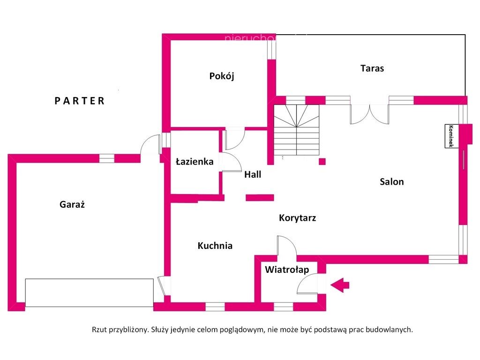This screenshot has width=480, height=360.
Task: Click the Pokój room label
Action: tap(221, 76)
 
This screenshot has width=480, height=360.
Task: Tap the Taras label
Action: tap(372, 68)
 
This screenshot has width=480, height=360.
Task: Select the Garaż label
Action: tap(72, 204)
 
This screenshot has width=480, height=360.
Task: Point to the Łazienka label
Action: tap(195, 162)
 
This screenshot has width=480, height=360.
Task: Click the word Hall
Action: tap(253, 174)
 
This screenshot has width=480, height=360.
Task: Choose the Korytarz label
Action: tap(297, 217)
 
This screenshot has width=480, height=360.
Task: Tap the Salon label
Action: tap(391, 182)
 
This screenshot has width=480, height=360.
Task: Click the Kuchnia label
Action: tap(215, 246)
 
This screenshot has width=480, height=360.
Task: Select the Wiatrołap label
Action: tap(287, 270)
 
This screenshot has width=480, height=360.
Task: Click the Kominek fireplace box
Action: tap(451, 136)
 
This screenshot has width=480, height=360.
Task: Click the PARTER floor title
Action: tap(80, 101)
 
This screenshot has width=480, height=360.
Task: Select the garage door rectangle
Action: tap(89, 292)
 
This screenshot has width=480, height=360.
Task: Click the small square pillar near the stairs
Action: tap(322, 162)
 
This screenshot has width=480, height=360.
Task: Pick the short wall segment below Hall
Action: tap(260, 197)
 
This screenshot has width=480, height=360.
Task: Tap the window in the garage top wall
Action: tap(107, 158)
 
